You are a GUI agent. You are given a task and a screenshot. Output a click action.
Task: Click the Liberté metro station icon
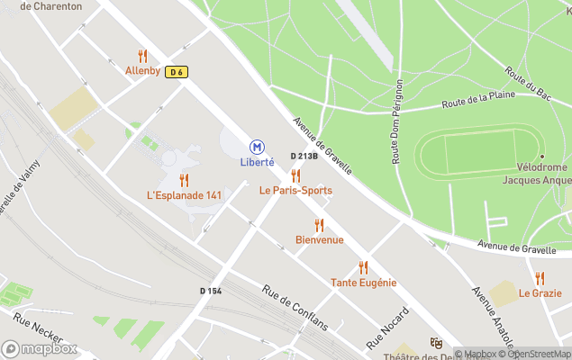257,146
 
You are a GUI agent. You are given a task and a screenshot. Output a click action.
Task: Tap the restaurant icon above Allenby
142,56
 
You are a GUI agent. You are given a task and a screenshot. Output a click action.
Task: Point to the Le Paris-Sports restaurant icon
295,175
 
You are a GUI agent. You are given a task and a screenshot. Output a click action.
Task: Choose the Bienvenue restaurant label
320,240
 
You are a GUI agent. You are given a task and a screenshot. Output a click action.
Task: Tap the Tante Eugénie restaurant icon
363,267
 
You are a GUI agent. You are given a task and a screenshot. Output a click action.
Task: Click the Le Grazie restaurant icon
540,278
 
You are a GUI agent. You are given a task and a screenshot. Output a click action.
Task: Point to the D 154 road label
211,291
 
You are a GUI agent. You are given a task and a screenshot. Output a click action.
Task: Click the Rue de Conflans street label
295,308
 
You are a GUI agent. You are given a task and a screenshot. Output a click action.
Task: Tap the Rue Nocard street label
388,328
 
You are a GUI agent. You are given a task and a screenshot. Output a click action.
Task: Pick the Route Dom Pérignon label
398,122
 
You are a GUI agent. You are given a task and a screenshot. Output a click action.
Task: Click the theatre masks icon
436,343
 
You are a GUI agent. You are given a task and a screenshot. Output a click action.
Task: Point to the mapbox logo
41,348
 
